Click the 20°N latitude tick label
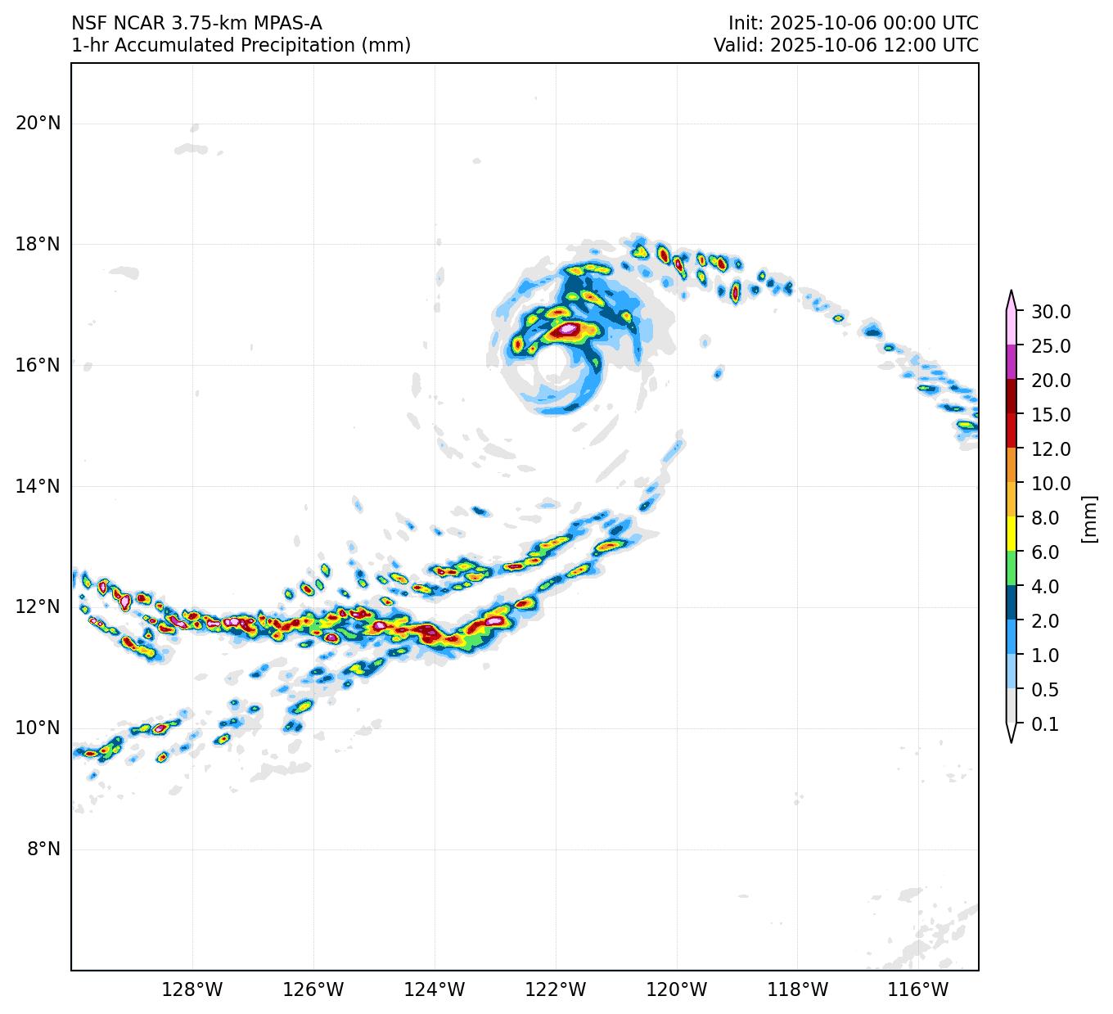click(38, 124)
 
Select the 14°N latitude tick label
click(38, 486)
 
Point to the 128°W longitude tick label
click(192, 990)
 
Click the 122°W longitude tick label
click(556, 990)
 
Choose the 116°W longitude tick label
click(919, 990)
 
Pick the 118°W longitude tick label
click(798, 990)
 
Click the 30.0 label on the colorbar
click(1051, 312)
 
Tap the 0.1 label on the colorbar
click(1044, 724)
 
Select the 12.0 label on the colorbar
click(1051, 449)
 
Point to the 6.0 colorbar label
click(1044, 552)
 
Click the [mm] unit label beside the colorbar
click(1088, 518)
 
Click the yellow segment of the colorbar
click(1012, 534)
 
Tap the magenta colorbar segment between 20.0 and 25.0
click(1012, 363)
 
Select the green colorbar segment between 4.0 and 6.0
click(1012, 569)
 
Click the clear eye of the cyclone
click(553, 366)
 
